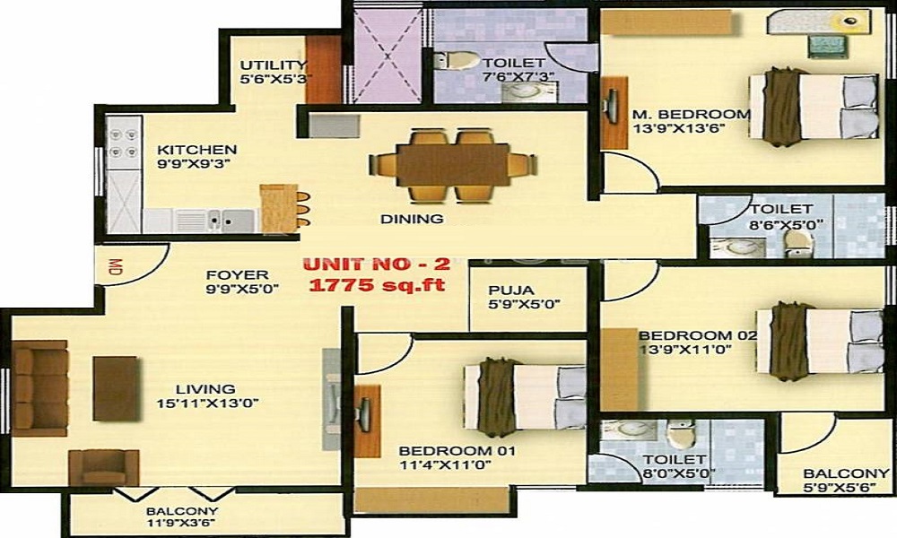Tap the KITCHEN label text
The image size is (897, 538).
(x=197, y=150)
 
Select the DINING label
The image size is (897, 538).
(x=412, y=218)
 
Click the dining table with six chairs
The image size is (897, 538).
(x=453, y=165)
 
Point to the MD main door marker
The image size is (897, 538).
(x=115, y=266)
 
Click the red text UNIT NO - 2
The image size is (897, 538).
(x=369, y=265)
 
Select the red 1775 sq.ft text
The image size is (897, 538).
(x=377, y=285)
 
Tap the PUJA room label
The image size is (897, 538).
(x=511, y=291)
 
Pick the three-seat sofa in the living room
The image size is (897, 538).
(x=39, y=387)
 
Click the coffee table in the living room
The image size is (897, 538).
(x=116, y=387)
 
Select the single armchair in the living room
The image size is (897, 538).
(x=104, y=467)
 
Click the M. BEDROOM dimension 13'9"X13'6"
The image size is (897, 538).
(x=678, y=128)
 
